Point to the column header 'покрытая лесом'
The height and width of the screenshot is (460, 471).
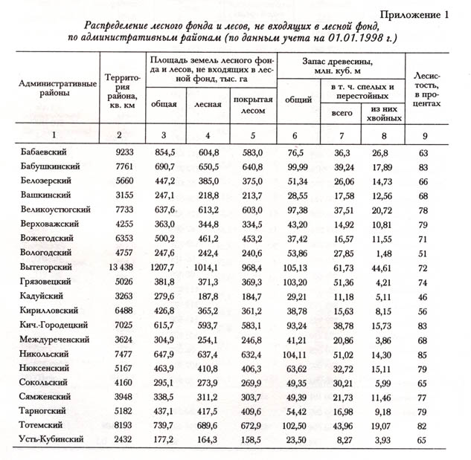click(252, 105)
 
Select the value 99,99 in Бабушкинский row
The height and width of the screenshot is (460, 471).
click(298, 166)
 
